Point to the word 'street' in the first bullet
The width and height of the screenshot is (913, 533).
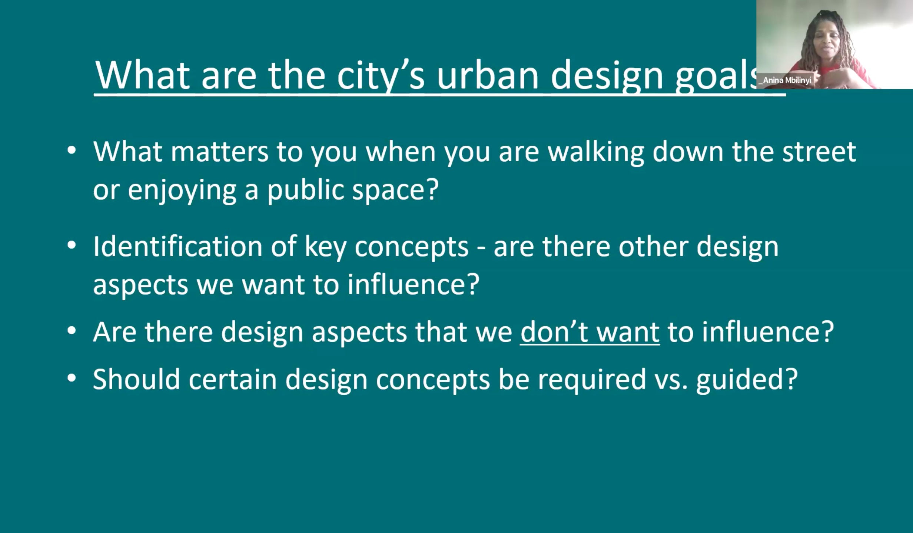coord(819,152)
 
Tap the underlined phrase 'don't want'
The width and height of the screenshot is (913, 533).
coord(590,331)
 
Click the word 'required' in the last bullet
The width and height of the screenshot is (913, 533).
coord(592,380)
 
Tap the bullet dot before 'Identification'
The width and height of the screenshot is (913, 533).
coord(72,246)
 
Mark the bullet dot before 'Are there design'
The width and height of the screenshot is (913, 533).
coord(72,331)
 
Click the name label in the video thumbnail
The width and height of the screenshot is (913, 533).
coord(785,80)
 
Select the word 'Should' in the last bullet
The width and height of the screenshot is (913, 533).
coord(136,380)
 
